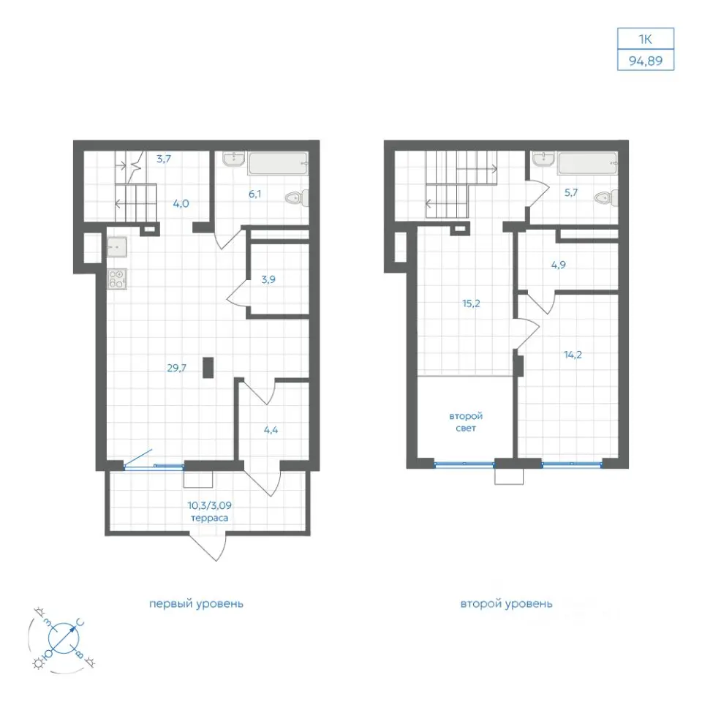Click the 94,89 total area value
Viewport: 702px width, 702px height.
click(645, 61)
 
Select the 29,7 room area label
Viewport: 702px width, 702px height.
click(177, 368)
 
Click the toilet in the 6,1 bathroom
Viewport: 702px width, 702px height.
click(298, 198)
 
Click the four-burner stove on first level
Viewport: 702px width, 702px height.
click(117, 279)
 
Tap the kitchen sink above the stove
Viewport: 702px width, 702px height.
click(117, 246)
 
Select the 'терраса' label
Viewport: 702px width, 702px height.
click(210, 518)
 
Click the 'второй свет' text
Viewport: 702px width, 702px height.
click(466, 422)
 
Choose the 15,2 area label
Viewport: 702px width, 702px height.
click(471, 303)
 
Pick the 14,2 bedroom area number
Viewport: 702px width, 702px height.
click(573, 355)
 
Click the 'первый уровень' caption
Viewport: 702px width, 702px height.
click(196, 604)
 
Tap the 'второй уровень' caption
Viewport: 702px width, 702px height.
click(506, 604)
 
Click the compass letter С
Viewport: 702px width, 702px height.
click(80, 622)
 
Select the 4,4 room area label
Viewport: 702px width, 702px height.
click(271, 430)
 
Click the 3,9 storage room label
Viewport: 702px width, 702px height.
click(268, 280)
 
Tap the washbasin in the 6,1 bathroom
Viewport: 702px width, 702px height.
click(233, 159)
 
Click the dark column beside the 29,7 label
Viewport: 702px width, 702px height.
click(208, 368)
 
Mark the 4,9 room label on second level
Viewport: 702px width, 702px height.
click(558, 265)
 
